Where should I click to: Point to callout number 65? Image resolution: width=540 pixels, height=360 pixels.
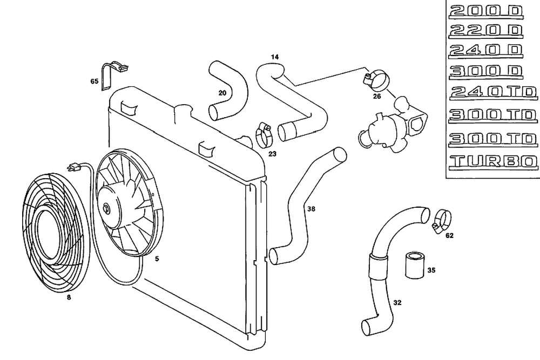point(94,81)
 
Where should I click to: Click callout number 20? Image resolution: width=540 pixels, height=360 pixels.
point(222,93)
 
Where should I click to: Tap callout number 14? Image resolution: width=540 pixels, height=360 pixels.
point(275,57)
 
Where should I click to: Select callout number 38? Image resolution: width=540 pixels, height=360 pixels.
point(310,209)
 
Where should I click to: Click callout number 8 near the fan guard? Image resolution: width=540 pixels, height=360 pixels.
point(69,296)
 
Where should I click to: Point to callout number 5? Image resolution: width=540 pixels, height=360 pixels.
point(157,259)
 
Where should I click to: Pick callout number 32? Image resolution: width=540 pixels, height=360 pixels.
point(397,303)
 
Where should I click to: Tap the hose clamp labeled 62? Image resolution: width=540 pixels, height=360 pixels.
point(441,219)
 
